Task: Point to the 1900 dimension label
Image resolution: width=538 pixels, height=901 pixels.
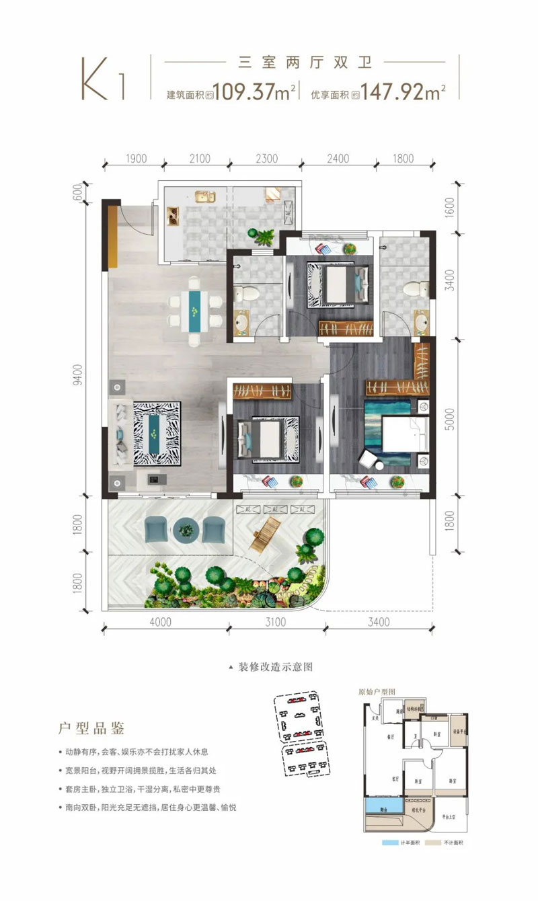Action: click(135, 159)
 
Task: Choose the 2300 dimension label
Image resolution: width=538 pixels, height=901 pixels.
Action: click(267, 159)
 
